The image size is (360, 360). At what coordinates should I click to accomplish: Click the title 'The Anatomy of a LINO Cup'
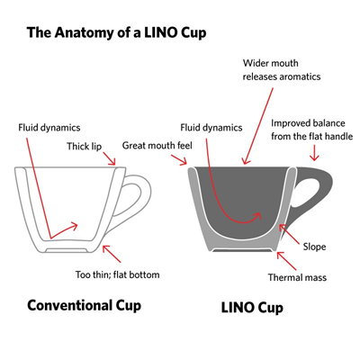(x=116, y=32)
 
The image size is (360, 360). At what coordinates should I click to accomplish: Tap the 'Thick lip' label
(x=85, y=147)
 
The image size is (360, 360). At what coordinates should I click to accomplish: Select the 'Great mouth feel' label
(x=157, y=146)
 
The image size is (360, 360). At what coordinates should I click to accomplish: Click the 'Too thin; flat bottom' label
(x=117, y=274)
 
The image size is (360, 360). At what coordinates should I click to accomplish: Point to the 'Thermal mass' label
(x=297, y=277)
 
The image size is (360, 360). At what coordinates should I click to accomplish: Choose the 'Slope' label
(x=314, y=247)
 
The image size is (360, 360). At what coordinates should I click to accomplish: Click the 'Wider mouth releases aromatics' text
(x=282, y=70)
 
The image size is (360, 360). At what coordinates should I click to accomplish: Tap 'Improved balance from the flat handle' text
(x=312, y=130)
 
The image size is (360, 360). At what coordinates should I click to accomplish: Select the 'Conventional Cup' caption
(x=84, y=306)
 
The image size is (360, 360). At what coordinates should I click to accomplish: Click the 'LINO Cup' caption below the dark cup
(x=252, y=308)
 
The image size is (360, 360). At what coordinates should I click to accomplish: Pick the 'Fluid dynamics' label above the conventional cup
(x=49, y=128)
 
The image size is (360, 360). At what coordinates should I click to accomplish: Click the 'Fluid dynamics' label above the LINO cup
(x=211, y=128)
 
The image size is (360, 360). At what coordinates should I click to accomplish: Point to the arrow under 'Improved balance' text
(x=314, y=153)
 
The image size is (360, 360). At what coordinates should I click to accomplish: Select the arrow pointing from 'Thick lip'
(x=109, y=158)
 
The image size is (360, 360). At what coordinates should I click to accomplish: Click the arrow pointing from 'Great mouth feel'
(x=179, y=160)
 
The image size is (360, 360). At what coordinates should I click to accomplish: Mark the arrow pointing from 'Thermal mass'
(x=286, y=261)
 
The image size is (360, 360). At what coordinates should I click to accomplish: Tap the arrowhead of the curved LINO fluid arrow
(x=257, y=215)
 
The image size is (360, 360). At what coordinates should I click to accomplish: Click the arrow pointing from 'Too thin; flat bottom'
(x=112, y=254)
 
